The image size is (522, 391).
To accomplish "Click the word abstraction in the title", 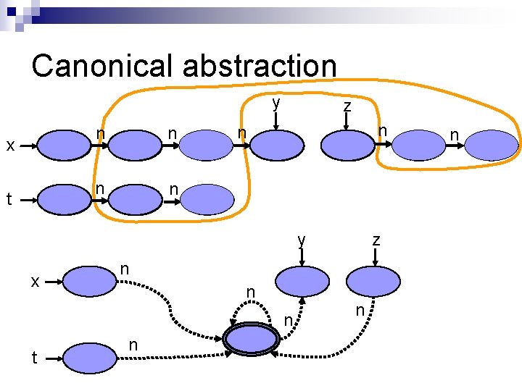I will pyautogui.click(x=259, y=66).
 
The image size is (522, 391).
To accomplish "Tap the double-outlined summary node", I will pyautogui.click(x=252, y=339).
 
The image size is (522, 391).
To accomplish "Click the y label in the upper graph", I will pyautogui.click(x=275, y=103).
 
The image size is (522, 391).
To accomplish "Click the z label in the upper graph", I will pyautogui.click(x=347, y=106).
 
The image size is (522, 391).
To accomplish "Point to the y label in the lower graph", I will pyautogui.click(x=302, y=240).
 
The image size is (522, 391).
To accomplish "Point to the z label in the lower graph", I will pyautogui.click(x=376, y=240).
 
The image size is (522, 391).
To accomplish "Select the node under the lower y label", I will pyautogui.click(x=300, y=281).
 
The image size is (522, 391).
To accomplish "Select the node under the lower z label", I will pyautogui.click(x=373, y=281).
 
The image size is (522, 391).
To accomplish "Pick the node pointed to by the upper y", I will pyautogui.click(x=275, y=145).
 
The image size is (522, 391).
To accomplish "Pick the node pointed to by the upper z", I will pyautogui.click(x=347, y=145).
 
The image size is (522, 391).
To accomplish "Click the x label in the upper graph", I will pyautogui.click(x=10, y=146).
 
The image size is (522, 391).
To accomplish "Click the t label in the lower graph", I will pyautogui.click(x=33, y=356).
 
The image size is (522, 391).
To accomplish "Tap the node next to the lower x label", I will pyautogui.click(x=90, y=280).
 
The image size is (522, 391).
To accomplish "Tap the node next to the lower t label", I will pyautogui.click(x=90, y=356).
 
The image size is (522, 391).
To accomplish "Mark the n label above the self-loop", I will pyautogui.click(x=251, y=292).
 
